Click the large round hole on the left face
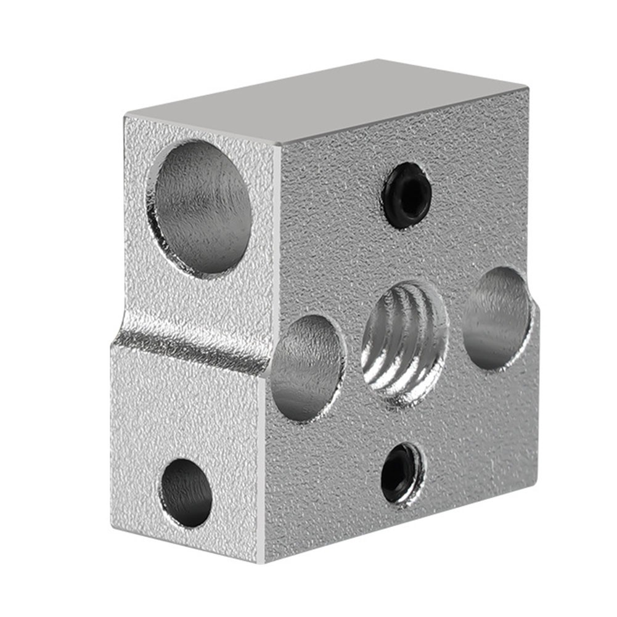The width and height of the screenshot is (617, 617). [x=200, y=207]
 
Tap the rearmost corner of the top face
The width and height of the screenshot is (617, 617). [x=377, y=60]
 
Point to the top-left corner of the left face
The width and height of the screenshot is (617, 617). [x=126, y=116]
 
